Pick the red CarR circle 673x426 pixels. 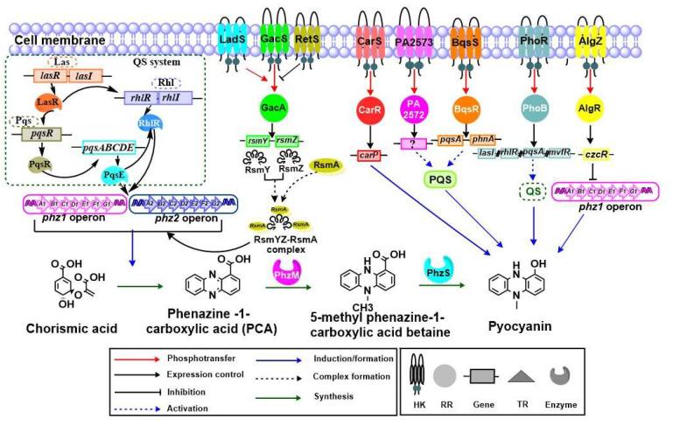(x=369, y=111)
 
